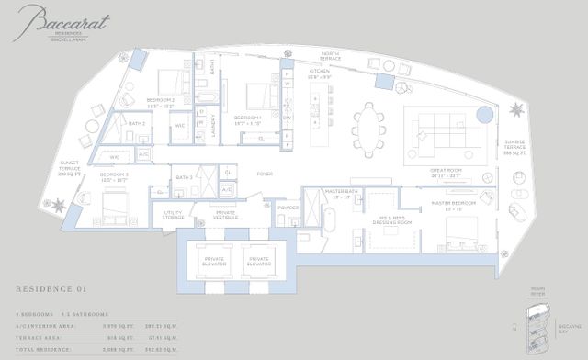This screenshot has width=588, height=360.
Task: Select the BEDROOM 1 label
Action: pos(248,118)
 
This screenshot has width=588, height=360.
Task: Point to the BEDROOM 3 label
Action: pos(114,176)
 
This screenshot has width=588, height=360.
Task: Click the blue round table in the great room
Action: pos(484,113)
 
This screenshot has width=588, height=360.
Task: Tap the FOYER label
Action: pos(265,172)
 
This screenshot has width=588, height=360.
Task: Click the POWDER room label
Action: pos(288,207)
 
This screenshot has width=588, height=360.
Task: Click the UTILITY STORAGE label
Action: pos(174,215)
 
